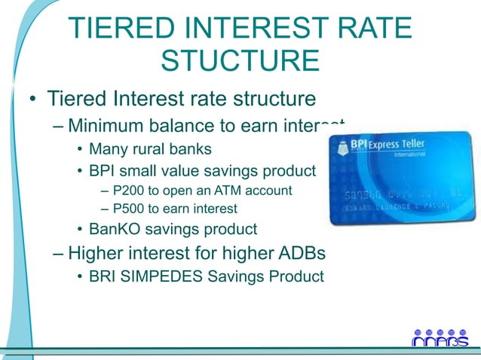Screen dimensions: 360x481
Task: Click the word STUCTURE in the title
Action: (240, 60)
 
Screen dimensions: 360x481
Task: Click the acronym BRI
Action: (103, 276)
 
